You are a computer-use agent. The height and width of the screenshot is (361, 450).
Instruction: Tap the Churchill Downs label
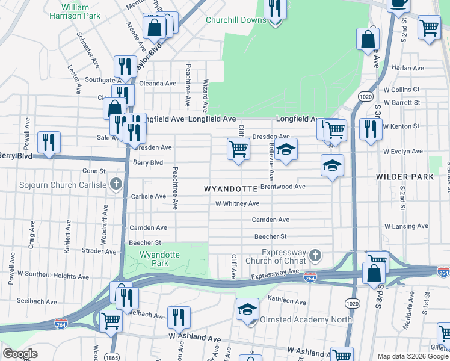pos(236,20)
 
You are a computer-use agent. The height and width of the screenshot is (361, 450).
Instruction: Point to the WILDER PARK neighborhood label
pos(404,177)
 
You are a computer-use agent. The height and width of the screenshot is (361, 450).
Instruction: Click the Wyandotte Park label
pos(159,259)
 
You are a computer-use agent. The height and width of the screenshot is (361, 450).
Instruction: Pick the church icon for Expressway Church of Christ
pos(315,256)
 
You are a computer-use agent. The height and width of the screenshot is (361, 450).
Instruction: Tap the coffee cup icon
pos(398,3)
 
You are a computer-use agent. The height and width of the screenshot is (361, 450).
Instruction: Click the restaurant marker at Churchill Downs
pos(275,9)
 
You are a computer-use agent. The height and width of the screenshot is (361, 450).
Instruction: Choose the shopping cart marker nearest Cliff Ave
pos(239,148)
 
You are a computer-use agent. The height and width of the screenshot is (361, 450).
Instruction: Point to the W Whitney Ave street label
pos(238,204)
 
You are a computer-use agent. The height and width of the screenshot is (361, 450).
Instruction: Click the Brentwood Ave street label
pos(283,187)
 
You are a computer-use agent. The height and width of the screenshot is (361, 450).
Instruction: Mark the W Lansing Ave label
pos(406,226)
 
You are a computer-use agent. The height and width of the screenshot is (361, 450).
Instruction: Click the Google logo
pos(20,354)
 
